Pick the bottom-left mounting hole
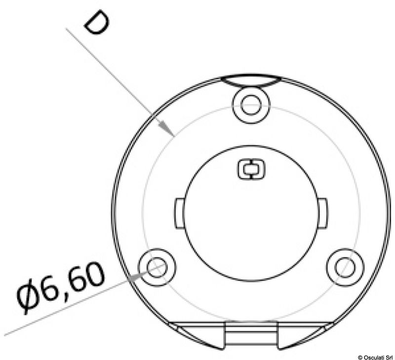coord(158,266)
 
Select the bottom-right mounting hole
coord(345,266)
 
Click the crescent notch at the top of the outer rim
coord(251,81)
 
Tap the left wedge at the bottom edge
coord(195,336)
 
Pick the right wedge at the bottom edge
coord(306,336)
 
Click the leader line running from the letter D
coord(118,79)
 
